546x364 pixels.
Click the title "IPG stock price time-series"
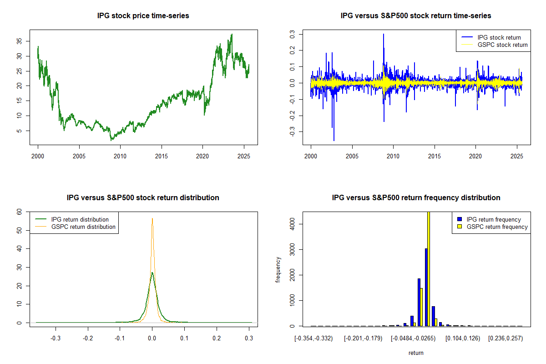click(x=143, y=16)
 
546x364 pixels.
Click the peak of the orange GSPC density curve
click(x=152, y=218)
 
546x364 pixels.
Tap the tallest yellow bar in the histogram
click(x=428, y=268)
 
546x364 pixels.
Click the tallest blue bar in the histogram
click(x=426, y=287)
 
